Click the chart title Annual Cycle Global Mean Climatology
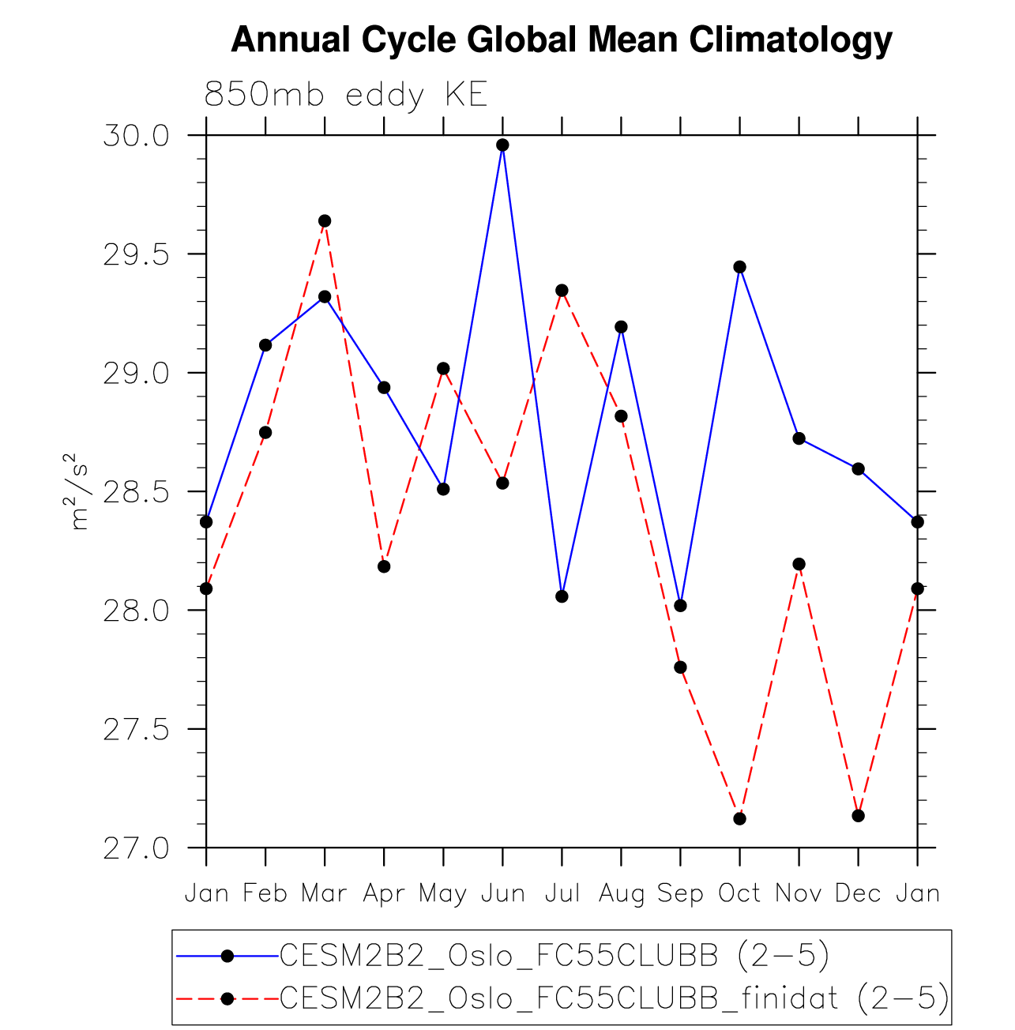click(x=562, y=39)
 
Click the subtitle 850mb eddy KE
click(x=345, y=95)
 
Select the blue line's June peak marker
click(x=502, y=145)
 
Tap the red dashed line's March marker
click(x=325, y=220)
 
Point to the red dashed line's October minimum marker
click(x=739, y=818)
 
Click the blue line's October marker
click(x=739, y=267)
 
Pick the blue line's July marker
click(x=562, y=596)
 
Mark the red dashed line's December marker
click(x=858, y=815)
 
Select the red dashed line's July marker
click(x=562, y=290)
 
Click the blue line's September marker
click(x=680, y=606)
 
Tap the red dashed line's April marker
click(x=384, y=566)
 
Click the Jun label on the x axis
click(x=502, y=893)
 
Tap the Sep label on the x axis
click(x=680, y=893)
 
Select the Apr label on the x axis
click(x=384, y=893)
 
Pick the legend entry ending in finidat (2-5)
click(x=614, y=998)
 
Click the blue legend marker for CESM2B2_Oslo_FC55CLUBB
click(x=227, y=956)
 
